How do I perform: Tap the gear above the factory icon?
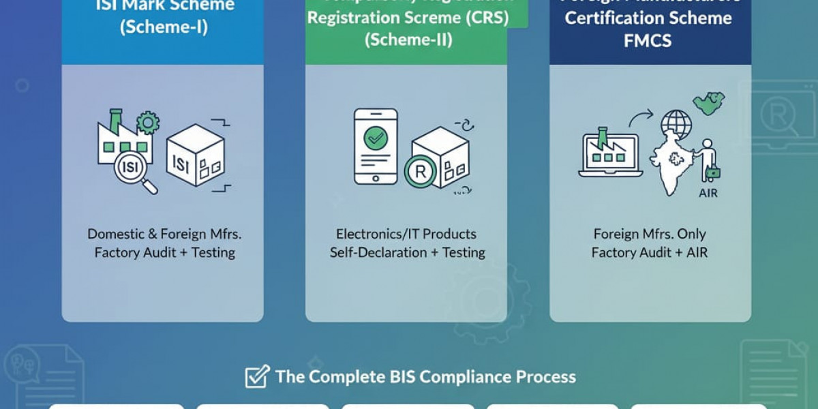[147, 123]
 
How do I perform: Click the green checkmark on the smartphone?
[375, 139]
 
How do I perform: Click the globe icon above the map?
[675, 125]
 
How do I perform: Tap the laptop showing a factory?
[610, 155]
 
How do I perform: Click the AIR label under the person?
[708, 193]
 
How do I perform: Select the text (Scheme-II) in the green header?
[408, 39]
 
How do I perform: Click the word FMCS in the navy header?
[647, 40]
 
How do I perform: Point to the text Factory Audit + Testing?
[164, 252]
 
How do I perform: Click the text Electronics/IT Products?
[407, 234]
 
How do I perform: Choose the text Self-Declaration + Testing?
[407, 252]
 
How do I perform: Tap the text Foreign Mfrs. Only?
[650, 234]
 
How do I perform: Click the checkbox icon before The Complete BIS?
[257, 377]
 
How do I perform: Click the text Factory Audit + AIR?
[650, 252]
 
